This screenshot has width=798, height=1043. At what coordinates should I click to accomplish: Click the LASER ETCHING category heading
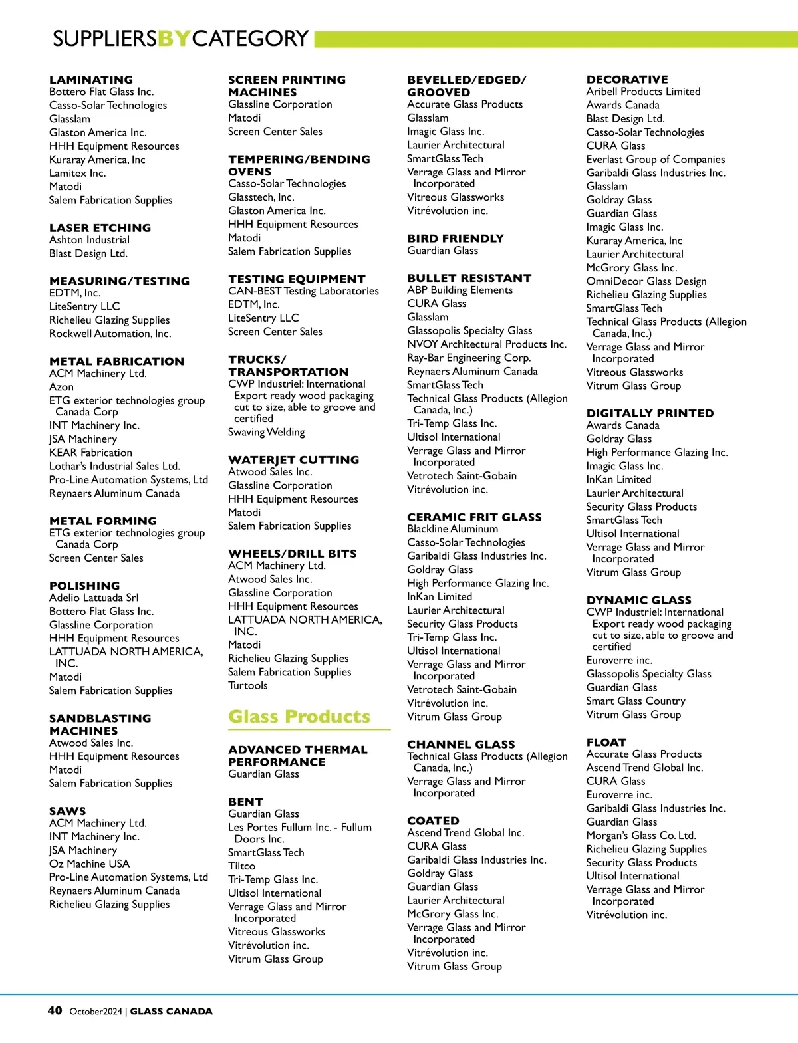tap(100, 227)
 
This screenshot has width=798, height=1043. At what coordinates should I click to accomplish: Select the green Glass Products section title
tap(299, 717)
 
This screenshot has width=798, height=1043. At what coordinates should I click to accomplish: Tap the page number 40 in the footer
tap(55, 1010)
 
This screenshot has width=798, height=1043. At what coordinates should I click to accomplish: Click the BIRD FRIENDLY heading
tap(456, 238)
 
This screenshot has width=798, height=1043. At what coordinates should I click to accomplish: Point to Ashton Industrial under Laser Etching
tap(89, 240)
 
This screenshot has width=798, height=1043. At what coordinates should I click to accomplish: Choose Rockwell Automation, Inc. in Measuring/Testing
tap(110, 334)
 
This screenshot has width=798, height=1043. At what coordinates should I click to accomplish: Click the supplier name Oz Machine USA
tap(89, 864)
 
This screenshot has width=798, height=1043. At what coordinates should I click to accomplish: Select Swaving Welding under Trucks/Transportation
tap(266, 432)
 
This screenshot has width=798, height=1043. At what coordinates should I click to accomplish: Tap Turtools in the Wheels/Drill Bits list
tap(247, 685)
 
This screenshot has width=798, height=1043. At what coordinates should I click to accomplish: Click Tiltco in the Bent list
tap(241, 866)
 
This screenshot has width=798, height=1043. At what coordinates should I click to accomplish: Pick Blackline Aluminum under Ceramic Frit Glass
tap(452, 529)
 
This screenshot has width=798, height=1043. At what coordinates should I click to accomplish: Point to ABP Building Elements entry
tap(460, 290)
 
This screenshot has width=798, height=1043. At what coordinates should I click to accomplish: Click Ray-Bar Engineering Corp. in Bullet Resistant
tap(469, 358)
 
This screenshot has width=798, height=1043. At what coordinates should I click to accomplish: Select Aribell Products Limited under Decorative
tap(643, 92)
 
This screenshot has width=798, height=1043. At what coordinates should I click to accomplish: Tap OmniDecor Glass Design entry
tap(646, 281)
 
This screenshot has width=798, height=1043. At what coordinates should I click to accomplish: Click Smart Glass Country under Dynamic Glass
tap(635, 701)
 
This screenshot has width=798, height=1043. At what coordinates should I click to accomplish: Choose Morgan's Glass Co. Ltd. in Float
tap(640, 836)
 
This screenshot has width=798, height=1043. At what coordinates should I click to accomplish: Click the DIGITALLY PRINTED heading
tap(650, 413)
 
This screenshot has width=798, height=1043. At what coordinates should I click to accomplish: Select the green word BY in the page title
tap(174, 39)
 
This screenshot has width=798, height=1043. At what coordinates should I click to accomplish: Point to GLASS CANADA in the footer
tap(171, 1011)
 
